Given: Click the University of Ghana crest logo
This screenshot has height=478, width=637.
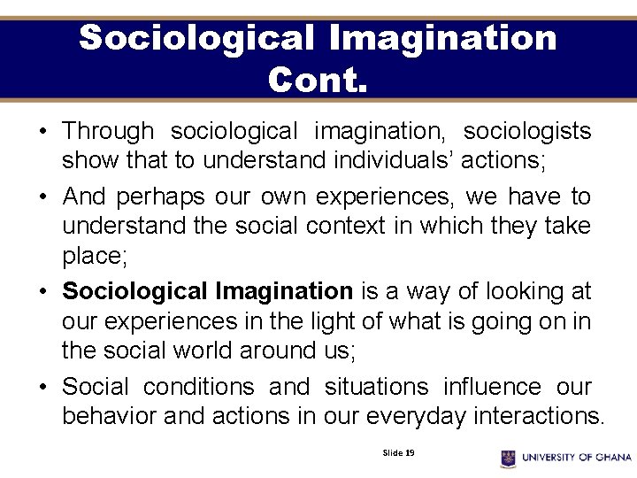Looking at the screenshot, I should tap(508, 458).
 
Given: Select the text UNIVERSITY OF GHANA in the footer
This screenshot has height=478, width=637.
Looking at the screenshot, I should tap(577, 458).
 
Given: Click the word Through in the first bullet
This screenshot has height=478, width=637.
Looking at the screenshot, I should tap(108, 131).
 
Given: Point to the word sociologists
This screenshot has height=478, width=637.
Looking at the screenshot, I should tap(527, 131).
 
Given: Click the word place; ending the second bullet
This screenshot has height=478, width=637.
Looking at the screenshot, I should tap(95, 257).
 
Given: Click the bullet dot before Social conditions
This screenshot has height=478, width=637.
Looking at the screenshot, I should tap(43, 388).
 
